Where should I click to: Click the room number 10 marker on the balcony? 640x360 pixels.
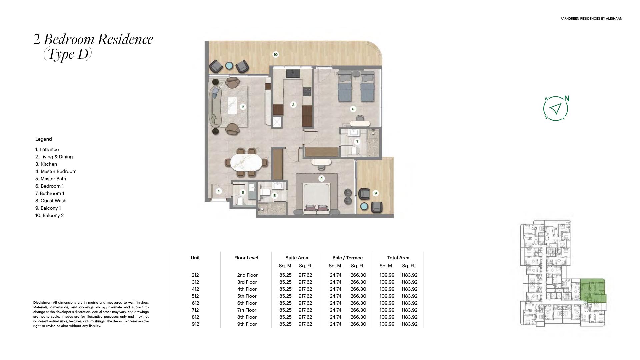click(x=275, y=55)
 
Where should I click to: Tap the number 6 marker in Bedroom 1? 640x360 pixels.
click(x=353, y=109)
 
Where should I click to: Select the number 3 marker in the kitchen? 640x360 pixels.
click(x=293, y=105)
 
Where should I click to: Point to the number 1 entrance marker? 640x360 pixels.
click(x=219, y=191)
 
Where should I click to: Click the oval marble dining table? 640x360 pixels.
click(x=247, y=163)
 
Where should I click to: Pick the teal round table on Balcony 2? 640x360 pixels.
click(x=229, y=66)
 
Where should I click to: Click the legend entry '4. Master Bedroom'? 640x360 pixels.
click(x=56, y=171)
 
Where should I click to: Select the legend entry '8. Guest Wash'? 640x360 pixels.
click(x=51, y=201)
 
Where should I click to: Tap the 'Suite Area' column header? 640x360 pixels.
click(x=297, y=258)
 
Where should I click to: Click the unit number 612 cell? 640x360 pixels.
click(x=195, y=303)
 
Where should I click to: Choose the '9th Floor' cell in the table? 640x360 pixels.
click(x=247, y=324)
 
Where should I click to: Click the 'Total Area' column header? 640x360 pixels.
click(x=398, y=258)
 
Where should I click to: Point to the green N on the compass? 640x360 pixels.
click(x=567, y=99)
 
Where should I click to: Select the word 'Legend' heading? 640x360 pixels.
click(x=44, y=139)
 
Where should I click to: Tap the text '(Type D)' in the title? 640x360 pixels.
click(x=67, y=54)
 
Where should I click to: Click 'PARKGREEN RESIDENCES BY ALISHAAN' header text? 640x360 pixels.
click(x=591, y=19)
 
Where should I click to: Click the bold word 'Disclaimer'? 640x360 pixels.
click(x=42, y=303)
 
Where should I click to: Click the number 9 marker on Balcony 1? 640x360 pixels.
click(x=375, y=193)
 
